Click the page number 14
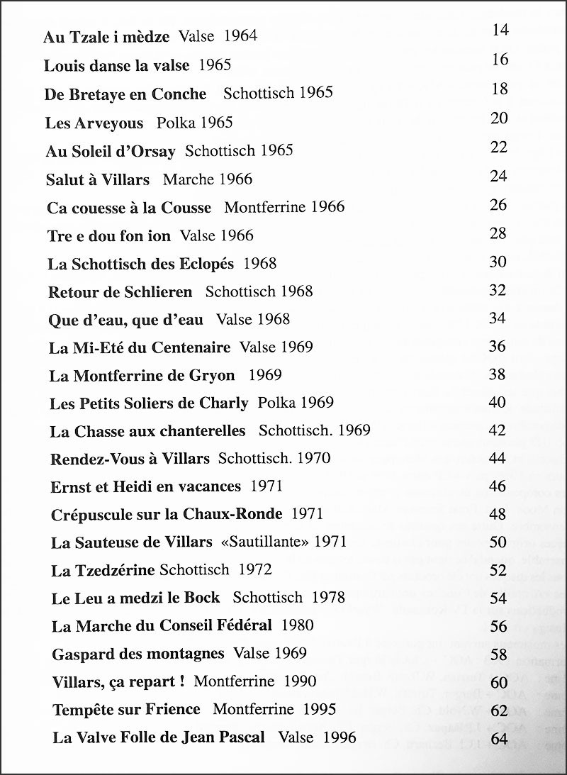500,30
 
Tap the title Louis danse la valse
117,66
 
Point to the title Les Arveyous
94,123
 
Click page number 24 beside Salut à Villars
499,175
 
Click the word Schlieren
157,291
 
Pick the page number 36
498,346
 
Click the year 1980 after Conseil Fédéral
298,625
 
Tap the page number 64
499,738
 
